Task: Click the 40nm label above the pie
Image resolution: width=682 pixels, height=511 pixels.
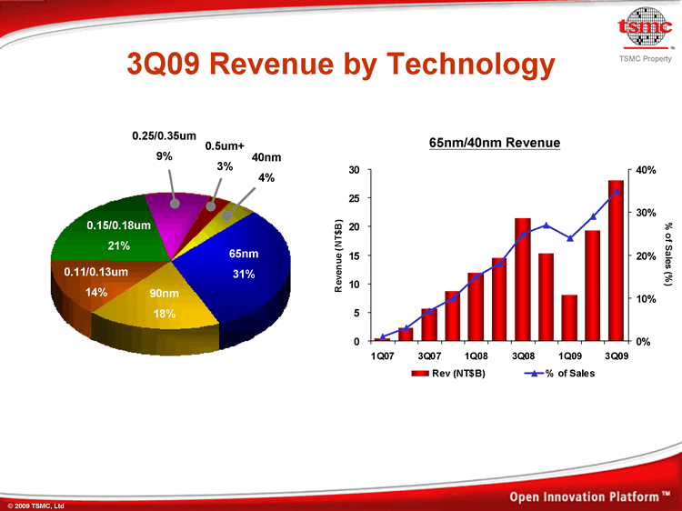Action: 265,157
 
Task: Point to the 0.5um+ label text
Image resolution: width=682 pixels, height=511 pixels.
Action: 225,145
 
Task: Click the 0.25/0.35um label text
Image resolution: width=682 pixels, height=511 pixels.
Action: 164,136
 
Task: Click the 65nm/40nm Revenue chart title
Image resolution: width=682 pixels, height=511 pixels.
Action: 495,143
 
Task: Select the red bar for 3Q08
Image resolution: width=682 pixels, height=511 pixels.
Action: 522,279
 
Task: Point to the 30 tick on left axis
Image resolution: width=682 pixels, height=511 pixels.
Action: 356,170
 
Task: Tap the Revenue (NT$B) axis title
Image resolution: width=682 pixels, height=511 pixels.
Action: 338,255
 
